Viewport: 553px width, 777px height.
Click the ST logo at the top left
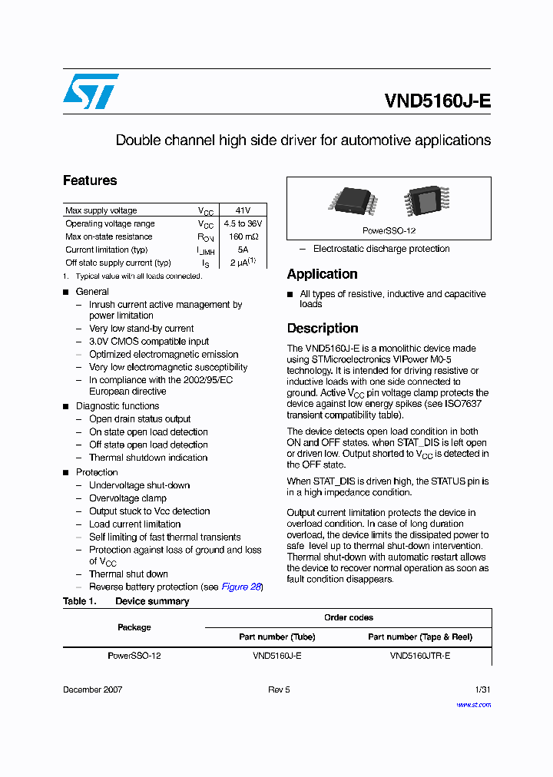pos(91,91)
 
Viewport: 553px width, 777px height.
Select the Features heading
pos(90,181)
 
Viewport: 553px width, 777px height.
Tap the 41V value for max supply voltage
pos(242,210)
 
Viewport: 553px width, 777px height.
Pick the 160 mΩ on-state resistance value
pos(242,236)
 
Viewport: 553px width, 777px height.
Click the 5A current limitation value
pos(242,250)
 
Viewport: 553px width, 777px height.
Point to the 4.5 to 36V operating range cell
pos(242,223)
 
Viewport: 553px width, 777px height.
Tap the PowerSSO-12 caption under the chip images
pos(389,230)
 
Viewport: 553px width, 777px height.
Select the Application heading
pos(322,274)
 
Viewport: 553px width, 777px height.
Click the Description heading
pos(323,329)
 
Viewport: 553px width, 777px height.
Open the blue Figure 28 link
pos(241,587)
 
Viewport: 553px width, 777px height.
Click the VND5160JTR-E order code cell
pos(419,656)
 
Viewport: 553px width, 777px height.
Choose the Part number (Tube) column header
pos(276,636)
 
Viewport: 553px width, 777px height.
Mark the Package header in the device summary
pos(134,627)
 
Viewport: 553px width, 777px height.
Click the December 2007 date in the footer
pos(92,689)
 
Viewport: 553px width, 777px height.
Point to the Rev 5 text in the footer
pos(279,689)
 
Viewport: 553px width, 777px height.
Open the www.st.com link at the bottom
pos(473,704)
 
